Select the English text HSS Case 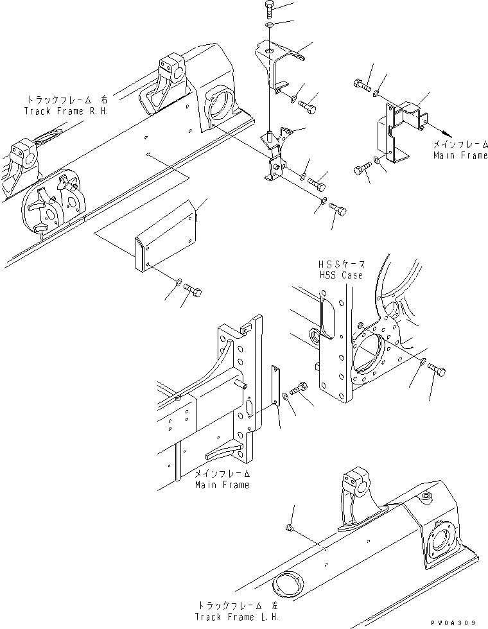pyautogui.click(x=340, y=275)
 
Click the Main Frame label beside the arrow pyautogui.click(x=459, y=155)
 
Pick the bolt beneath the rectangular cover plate pyautogui.click(x=193, y=293)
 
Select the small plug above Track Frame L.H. pyautogui.click(x=289, y=528)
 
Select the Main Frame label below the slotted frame pyautogui.click(x=222, y=485)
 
